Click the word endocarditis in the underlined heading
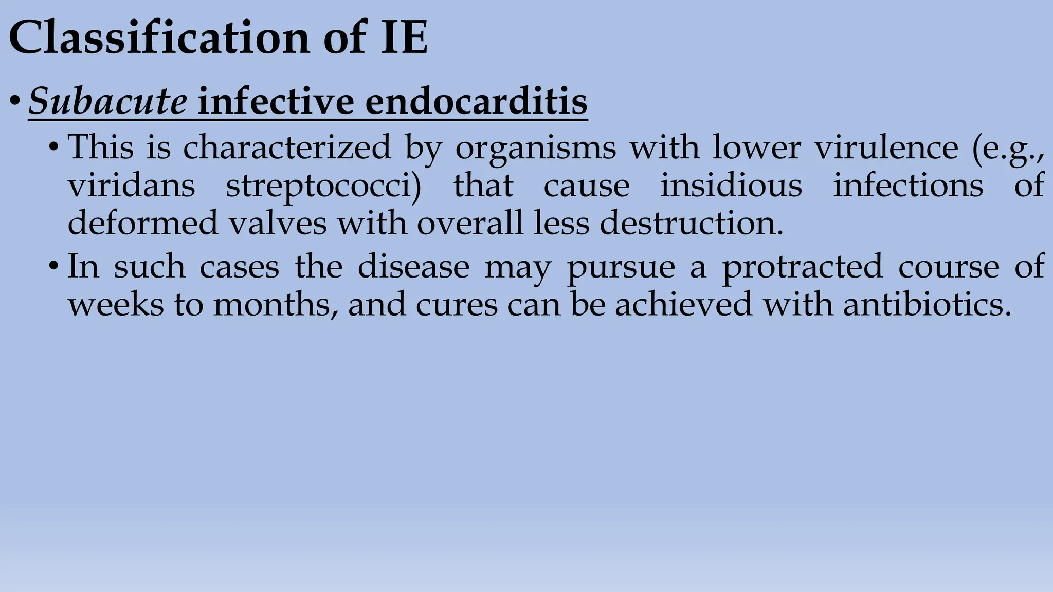tap(476, 101)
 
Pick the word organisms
tap(536, 148)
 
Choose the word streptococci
tap(323, 186)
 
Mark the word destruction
tap(692, 223)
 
